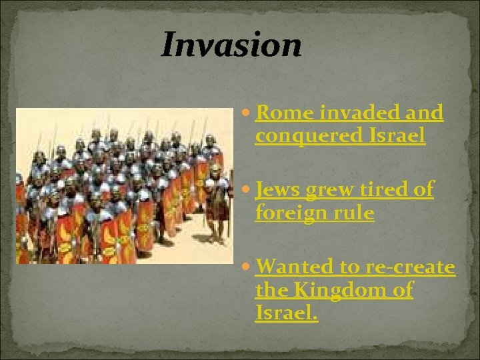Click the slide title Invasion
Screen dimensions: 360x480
231,45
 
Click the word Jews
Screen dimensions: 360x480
277,191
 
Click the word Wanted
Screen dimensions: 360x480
294,267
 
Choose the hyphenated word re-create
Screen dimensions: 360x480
409,267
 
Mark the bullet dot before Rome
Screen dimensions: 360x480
246,114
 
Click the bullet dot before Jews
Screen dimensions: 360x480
246,191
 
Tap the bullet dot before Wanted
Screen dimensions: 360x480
246,268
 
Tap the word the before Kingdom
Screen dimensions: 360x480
269,290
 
